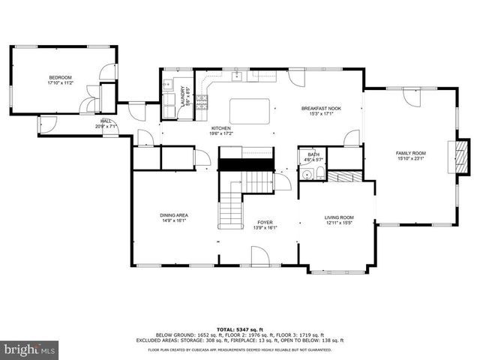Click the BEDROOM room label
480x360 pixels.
click(x=60, y=78)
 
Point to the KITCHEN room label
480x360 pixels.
click(x=220, y=130)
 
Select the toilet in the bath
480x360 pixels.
click(x=319, y=174)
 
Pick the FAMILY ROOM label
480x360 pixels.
click(x=411, y=153)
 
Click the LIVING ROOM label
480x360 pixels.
click(x=339, y=217)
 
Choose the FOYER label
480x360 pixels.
click(x=265, y=223)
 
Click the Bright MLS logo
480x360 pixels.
click(x=28, y=349)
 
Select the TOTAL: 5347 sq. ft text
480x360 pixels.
click(x=240, y=329)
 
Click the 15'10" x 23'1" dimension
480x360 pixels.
click(x=411, y=158)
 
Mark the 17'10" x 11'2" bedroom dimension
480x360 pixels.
click(x=60, y=83)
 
